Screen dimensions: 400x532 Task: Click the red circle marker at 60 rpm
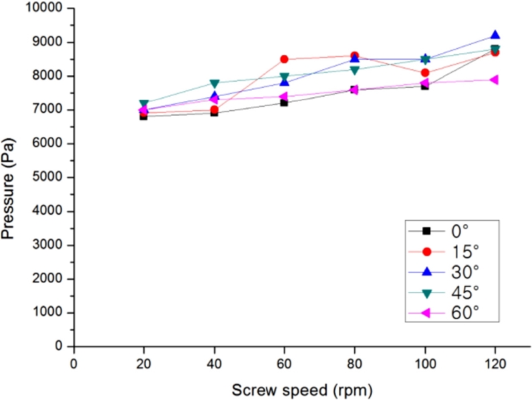coord(284,59)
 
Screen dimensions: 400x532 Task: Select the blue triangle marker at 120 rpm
coord(495,35)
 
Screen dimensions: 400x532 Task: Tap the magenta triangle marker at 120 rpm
coord(495,80)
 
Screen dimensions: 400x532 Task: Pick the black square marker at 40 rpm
coord(214,112)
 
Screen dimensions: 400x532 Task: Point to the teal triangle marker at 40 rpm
coord(214,83)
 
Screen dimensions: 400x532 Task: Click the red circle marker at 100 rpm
coord(425,73)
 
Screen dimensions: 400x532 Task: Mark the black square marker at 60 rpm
coord(284,102)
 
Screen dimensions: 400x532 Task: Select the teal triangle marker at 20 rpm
coord(144,104)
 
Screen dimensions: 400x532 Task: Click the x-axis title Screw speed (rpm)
coord(302,389)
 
